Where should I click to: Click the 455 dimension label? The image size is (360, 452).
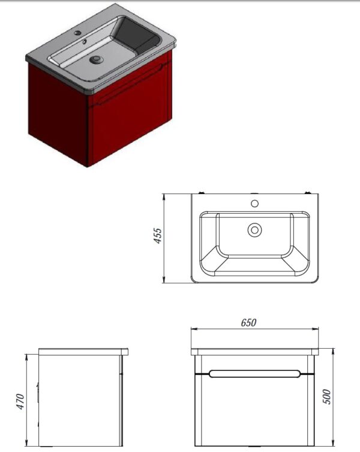(x=158, y=236)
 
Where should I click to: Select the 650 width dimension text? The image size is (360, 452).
(x=248, y=322)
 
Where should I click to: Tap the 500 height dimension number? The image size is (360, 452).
(x=326, y=397)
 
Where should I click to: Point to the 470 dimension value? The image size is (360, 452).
(x=20, y=401)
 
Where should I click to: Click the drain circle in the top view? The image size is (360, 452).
(x=254, y=230)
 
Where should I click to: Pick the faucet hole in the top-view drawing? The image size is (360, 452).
(x=254, y=203)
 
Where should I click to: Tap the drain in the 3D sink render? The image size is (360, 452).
(x=96, y=59)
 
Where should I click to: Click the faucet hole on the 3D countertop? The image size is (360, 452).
(x=77, y=33)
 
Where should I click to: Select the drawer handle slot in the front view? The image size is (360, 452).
(x=255, y=374)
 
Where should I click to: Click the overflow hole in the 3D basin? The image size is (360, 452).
(x=85, y=42)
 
